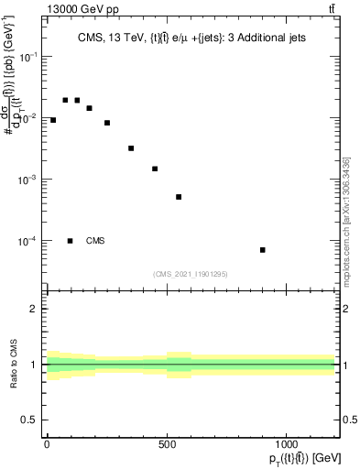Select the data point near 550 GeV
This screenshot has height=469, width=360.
179,197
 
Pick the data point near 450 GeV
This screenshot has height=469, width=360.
155,169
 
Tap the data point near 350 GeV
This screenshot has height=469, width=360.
131,148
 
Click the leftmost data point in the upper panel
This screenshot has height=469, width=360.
53,120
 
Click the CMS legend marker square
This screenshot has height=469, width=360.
71,241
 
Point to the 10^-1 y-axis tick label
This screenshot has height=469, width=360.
30,57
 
